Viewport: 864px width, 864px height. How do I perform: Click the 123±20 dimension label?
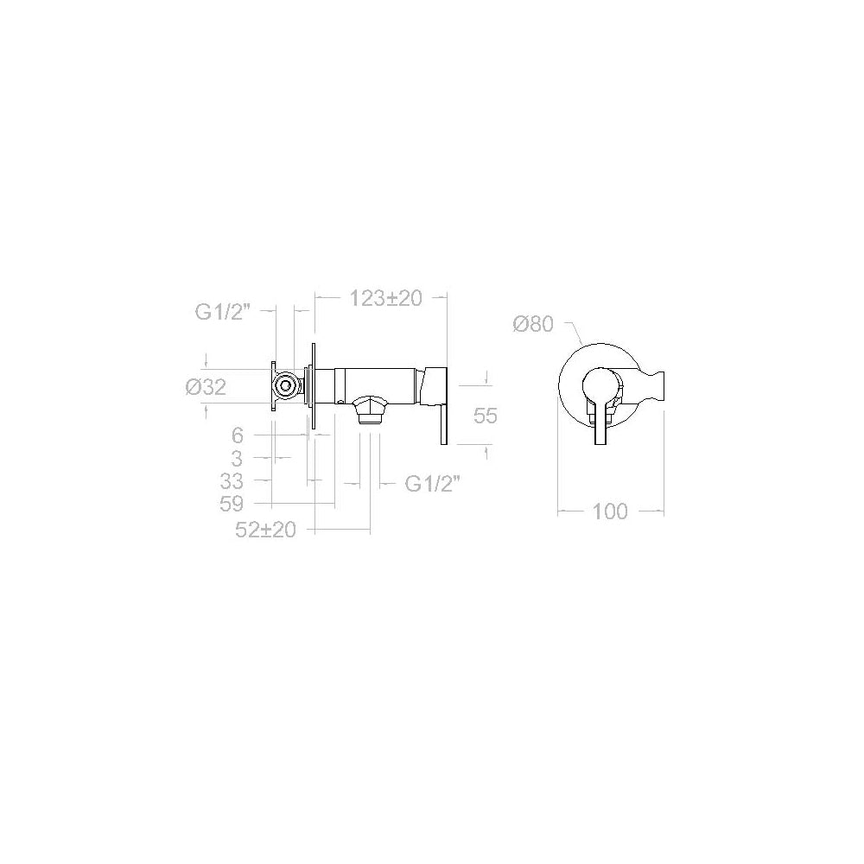[x=385, y=299]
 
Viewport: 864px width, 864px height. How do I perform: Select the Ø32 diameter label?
[x=206, y=388]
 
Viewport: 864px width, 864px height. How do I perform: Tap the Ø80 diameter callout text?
[x=531, y=324]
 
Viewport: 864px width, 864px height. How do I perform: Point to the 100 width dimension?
[x=610, y=511]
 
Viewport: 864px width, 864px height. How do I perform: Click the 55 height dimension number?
[x=486, y=416]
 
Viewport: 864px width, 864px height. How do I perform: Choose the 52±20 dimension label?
[x=266, y=530]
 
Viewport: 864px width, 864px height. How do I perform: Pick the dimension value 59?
[x=232, y=504]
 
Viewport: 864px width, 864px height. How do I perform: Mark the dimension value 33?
[x=232, y=481]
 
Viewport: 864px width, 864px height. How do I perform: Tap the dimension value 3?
[x=237, y=459]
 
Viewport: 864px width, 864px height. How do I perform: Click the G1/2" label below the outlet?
[x=432, y=485]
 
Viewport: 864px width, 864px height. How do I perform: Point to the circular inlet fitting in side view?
[x=284, y=385]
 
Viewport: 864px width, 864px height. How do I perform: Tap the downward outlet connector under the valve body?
[x=370, y=410]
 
